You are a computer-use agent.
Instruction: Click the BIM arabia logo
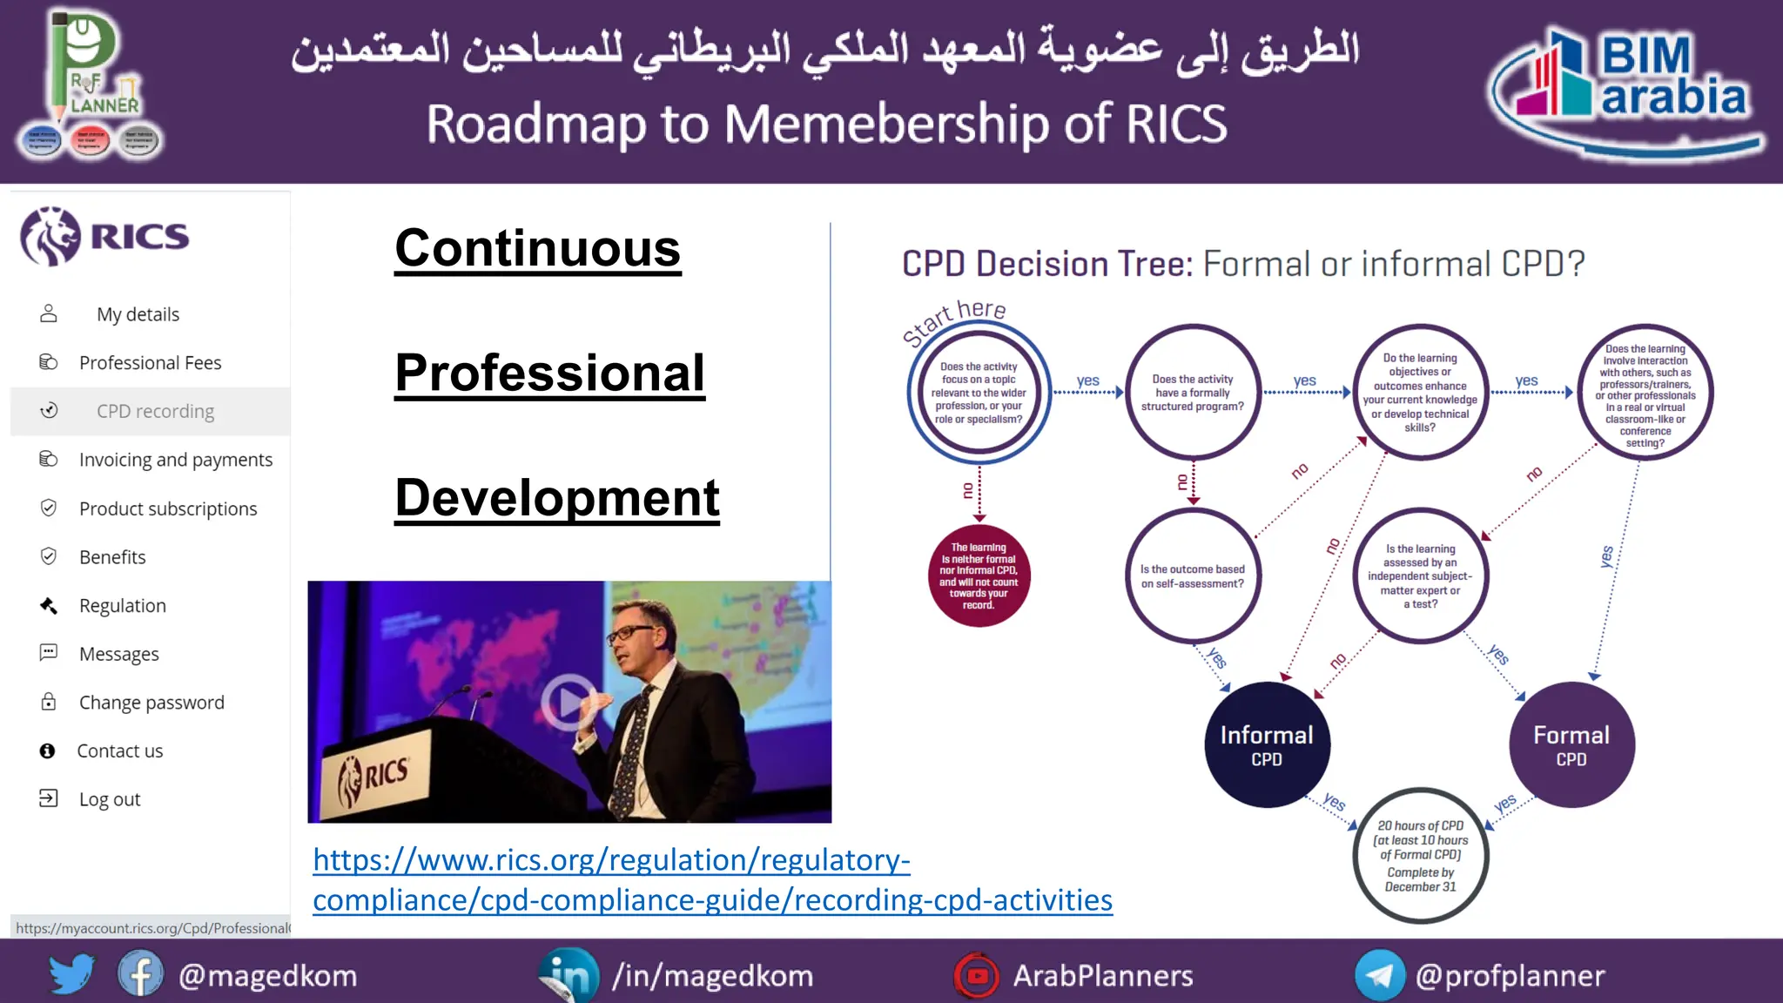click(1626, 91)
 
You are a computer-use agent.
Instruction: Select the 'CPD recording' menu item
click(155, 411)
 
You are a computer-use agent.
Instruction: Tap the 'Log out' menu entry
click(109, 799)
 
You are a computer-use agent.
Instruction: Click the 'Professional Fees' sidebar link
click(150, 363)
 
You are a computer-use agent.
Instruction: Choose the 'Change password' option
click(151, 703)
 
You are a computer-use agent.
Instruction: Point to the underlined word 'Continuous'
click(537, 248)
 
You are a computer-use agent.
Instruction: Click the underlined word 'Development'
click(557, 498)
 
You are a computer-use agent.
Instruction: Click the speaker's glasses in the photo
click(629, 633)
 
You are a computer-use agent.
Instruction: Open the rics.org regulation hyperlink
click(711, 879)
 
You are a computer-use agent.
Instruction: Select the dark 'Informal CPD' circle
click(1267, 744)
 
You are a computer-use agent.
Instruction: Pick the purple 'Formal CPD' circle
click(1571, 744)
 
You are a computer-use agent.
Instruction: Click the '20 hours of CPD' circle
click(1420, 855)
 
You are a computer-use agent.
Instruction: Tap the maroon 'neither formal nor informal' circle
click(979, 576)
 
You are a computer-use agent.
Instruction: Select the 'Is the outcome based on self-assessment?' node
click(1193, 576)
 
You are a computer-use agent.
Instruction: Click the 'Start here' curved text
click(954, 319)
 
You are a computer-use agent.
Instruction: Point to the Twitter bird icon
click(71, 974)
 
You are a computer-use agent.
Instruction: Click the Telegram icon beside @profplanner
click(1379, 975)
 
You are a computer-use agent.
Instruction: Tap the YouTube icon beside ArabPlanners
click(977, 975)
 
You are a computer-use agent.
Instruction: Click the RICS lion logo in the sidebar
click(50, 236)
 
